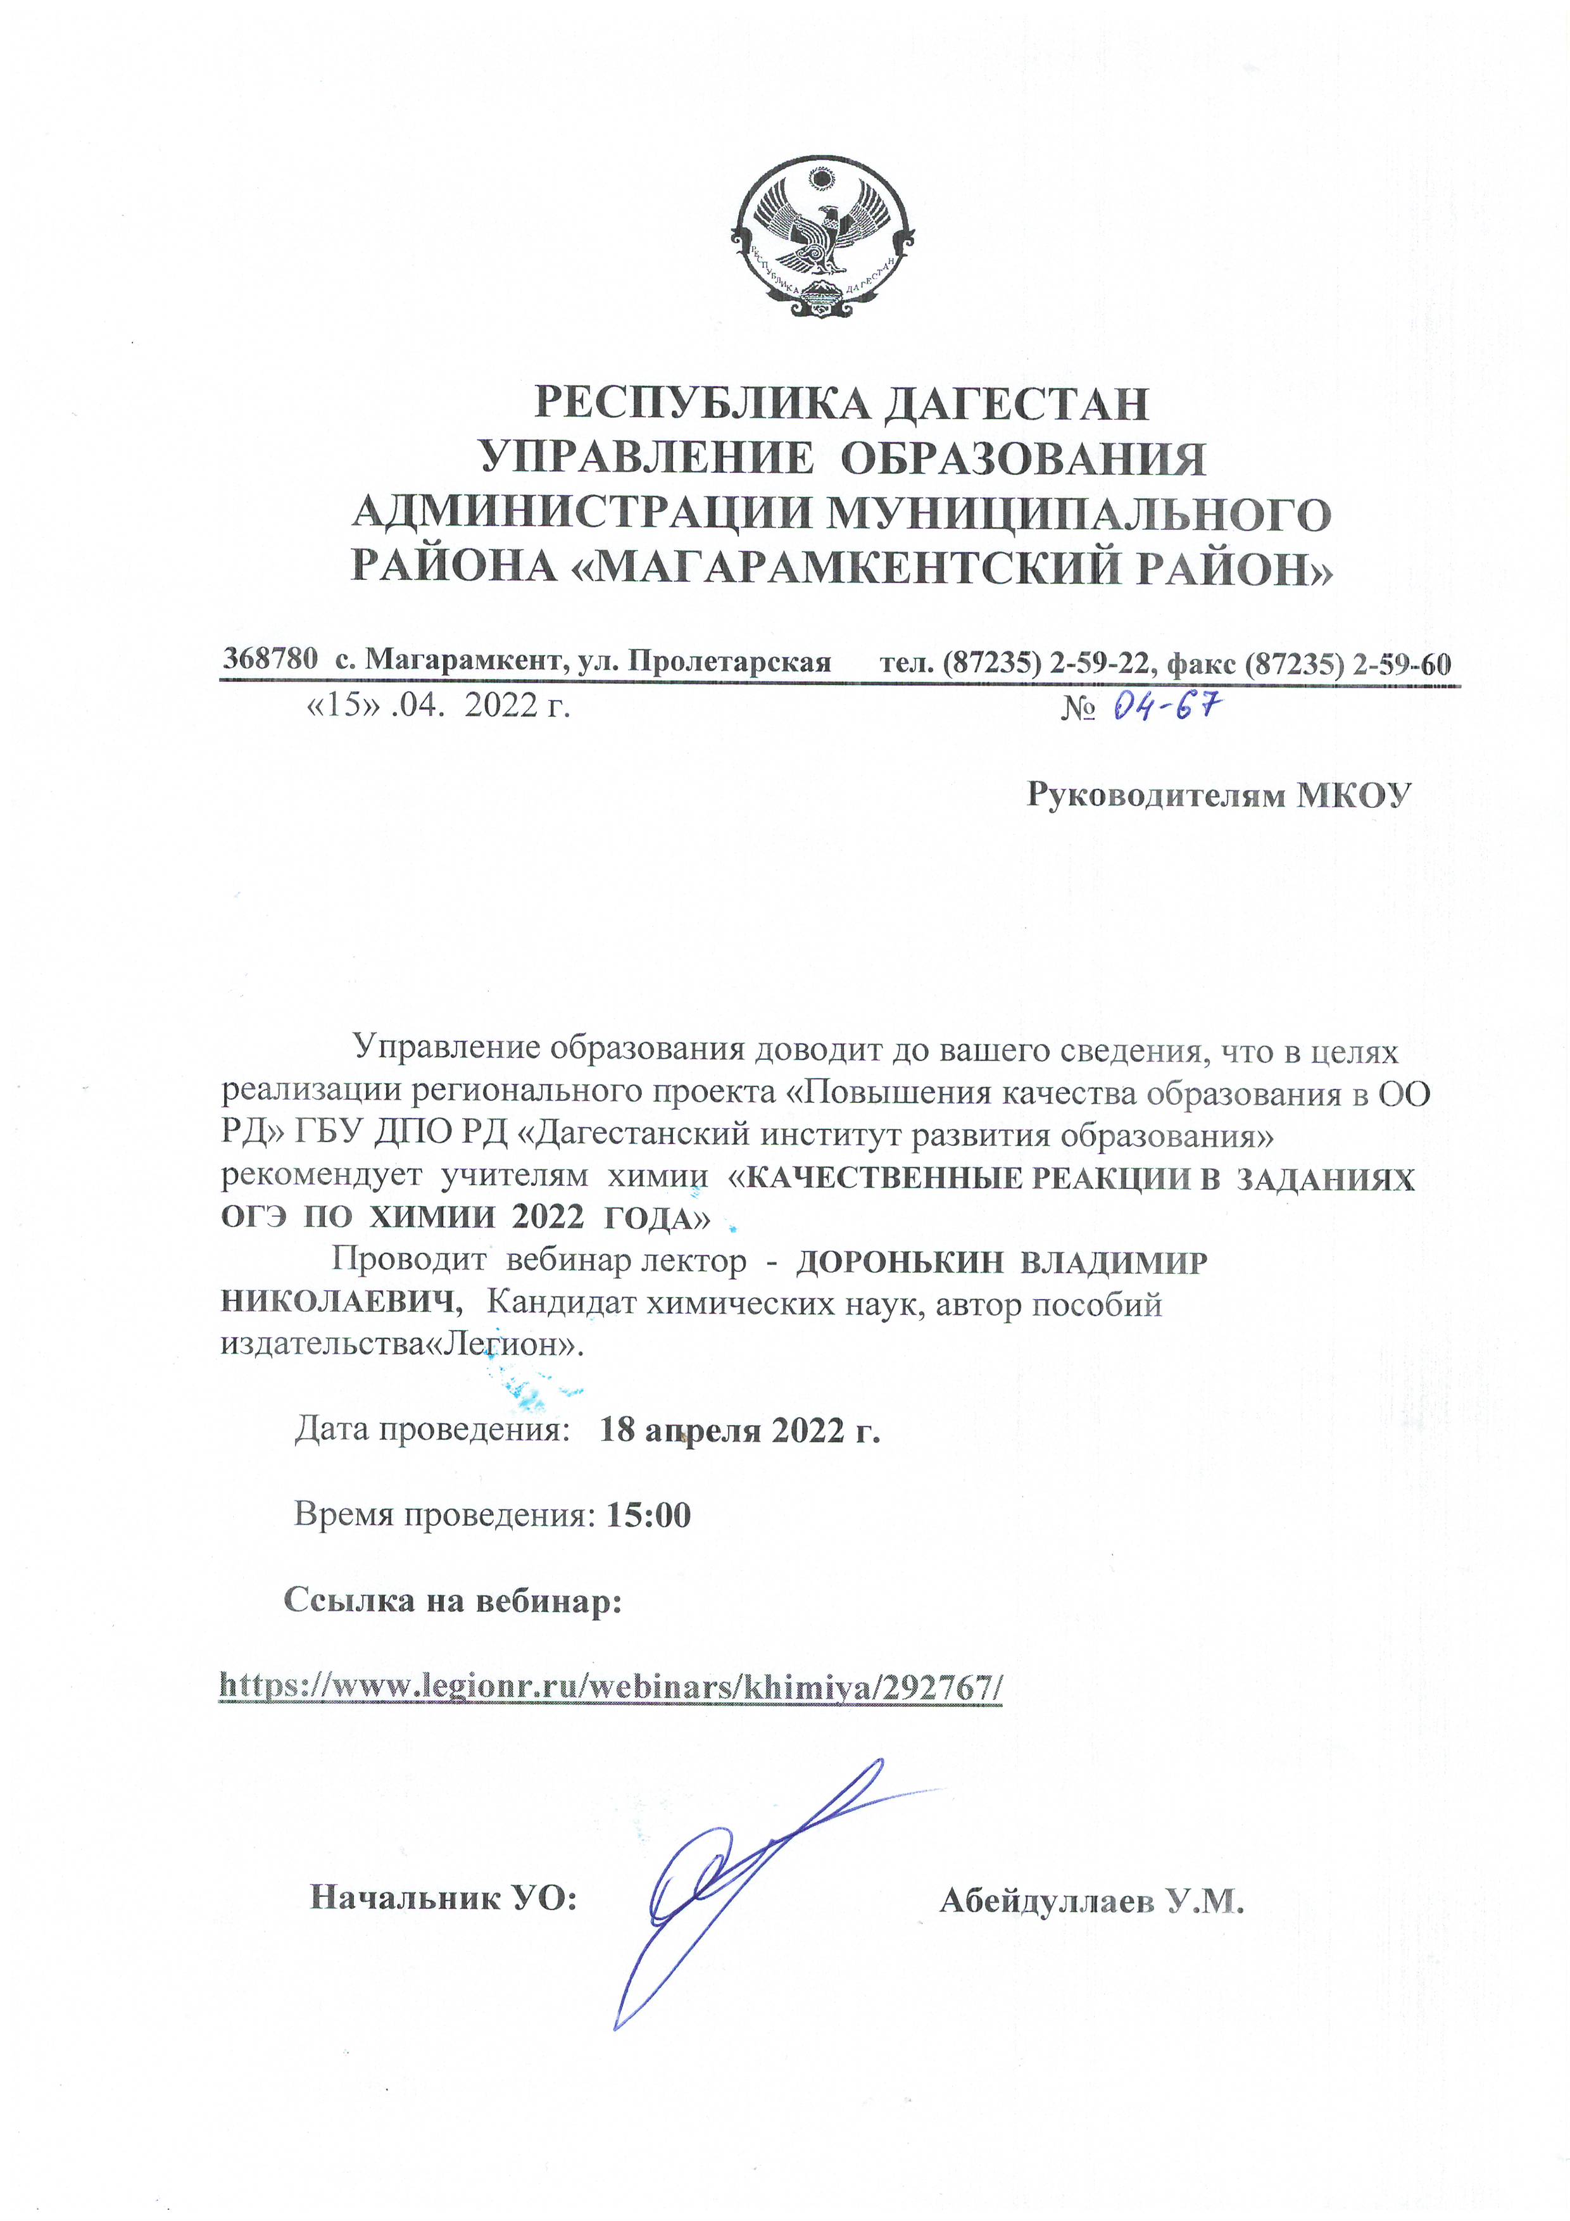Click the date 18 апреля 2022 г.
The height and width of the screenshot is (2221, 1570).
click(740, 1430)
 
